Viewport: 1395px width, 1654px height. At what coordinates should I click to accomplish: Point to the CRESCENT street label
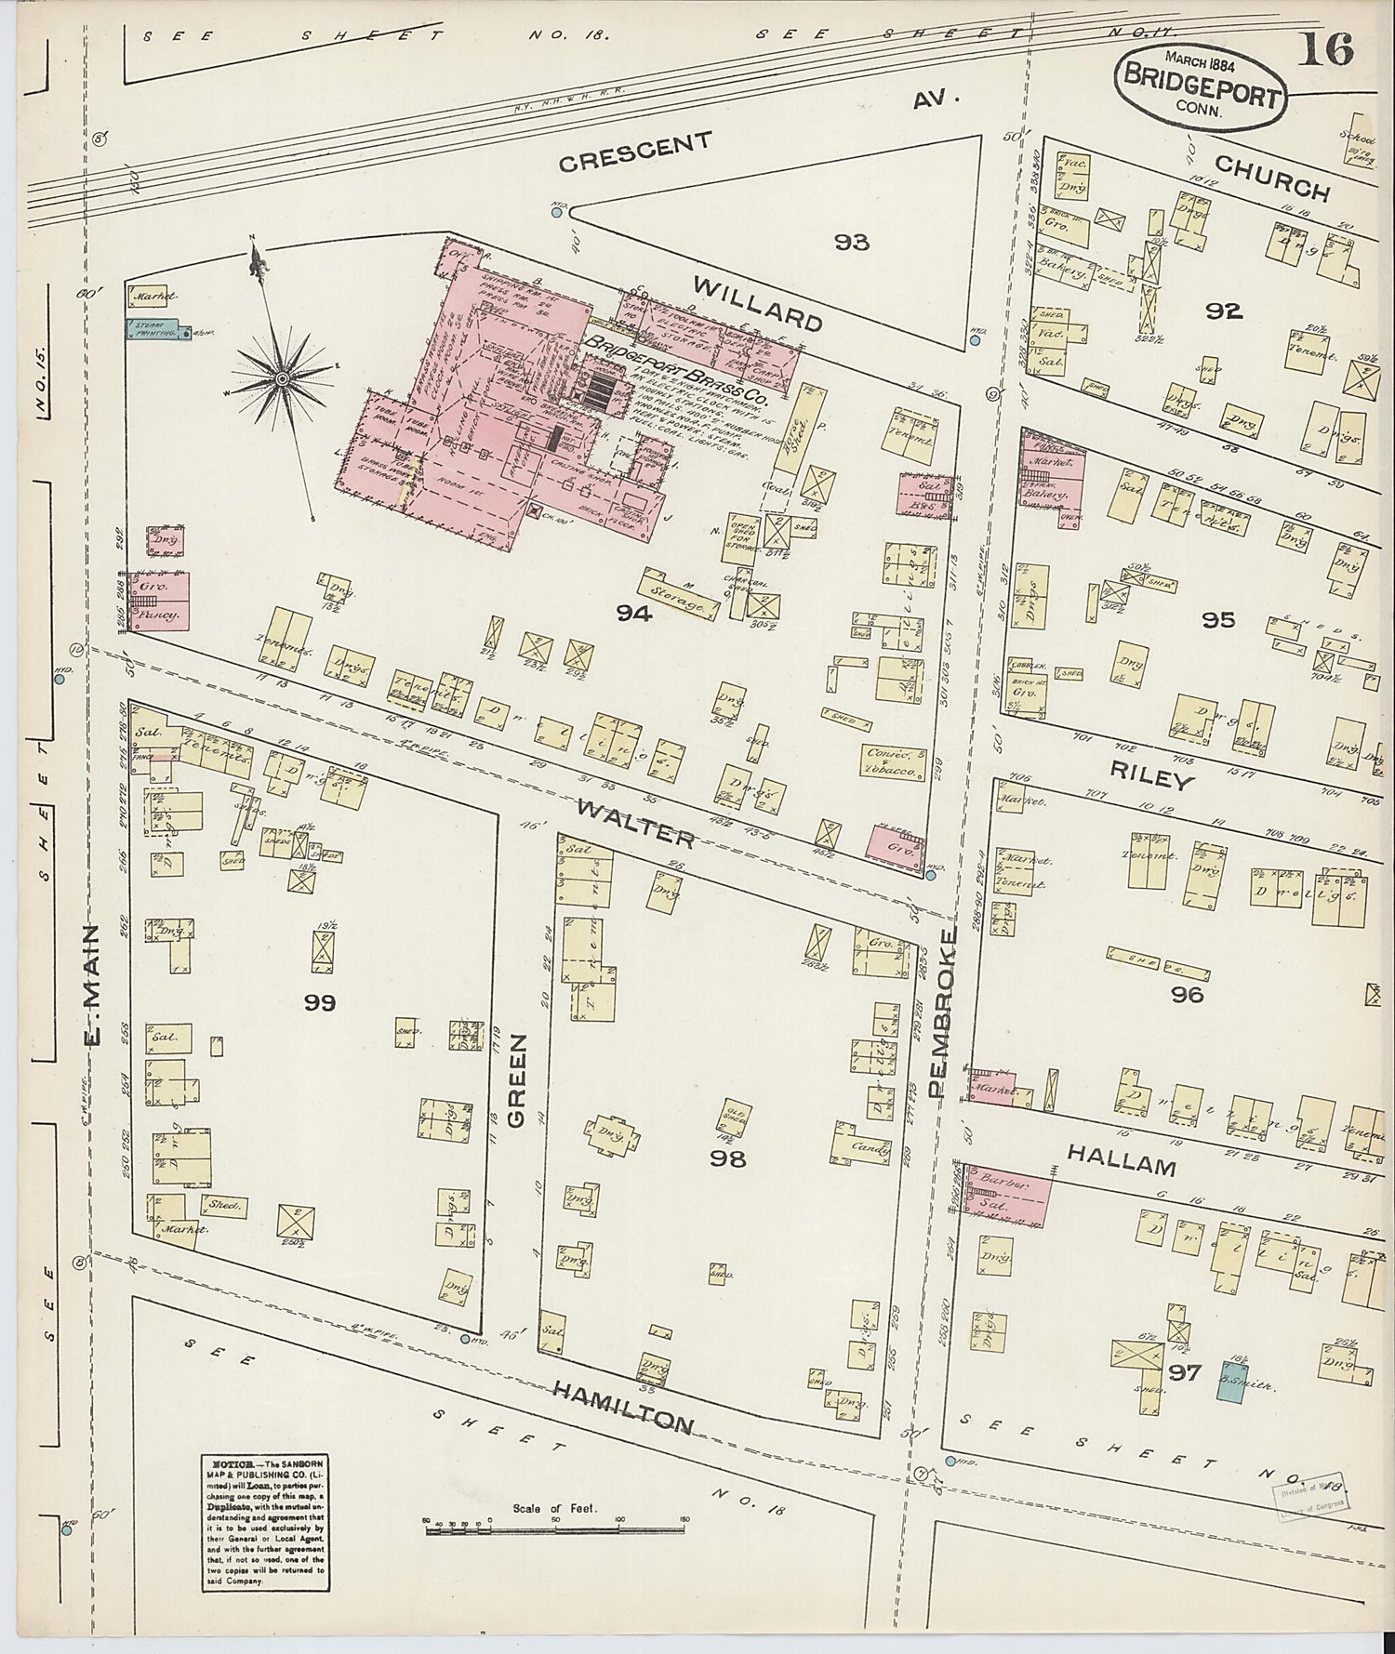coord(635,152)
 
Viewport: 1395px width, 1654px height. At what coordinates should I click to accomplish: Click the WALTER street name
coord(634,822)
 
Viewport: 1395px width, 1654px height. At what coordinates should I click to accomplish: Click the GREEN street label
coord(516,1079)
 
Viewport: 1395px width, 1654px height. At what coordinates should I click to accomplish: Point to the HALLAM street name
coord(1121,1163)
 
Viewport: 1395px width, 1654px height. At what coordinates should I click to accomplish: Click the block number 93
coord(851,243)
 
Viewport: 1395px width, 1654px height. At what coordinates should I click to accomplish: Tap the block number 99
coord(318,1002)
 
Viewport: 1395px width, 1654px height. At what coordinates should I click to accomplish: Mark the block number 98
coord(727,1158)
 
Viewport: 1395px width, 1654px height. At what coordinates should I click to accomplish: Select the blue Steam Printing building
coord(154,329)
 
